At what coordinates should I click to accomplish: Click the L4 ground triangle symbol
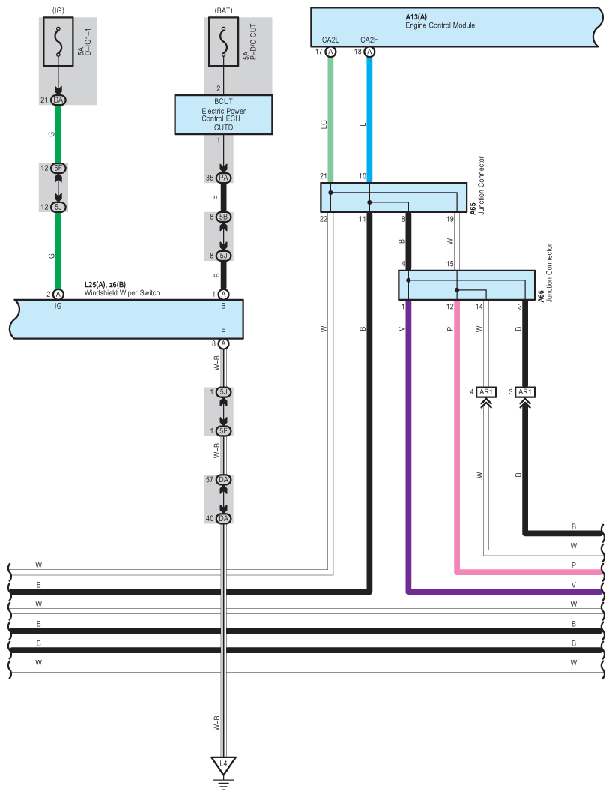click(223, 765)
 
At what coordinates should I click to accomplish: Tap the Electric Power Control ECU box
click(223, 114)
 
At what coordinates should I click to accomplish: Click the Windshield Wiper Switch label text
click(122, 293)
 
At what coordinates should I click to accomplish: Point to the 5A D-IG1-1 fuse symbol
click(58, 46)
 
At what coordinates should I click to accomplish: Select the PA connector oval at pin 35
click(223, 178)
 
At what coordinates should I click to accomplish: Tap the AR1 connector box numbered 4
click(485, 392)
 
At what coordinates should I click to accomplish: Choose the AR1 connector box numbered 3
click(525, 392)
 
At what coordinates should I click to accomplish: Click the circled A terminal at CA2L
click(330, 52)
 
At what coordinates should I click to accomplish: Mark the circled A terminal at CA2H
click(369, 52)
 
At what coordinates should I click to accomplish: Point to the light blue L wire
click(369, 120)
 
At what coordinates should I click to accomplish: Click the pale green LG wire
click(330, 120)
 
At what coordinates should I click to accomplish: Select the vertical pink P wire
click(456, 435)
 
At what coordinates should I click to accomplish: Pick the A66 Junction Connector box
click(466, 286)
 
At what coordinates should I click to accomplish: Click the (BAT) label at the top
click(223, 10)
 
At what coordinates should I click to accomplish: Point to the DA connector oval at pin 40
click(223, 518)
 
